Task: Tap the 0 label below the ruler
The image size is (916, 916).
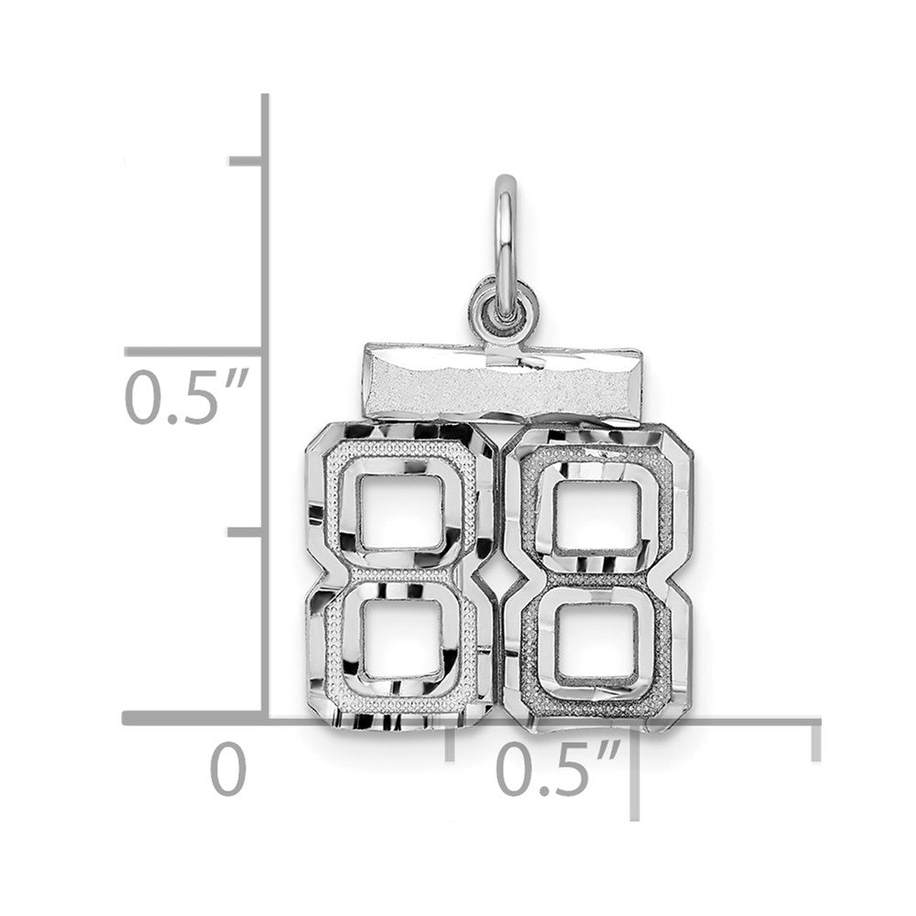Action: click(x=228, y=769)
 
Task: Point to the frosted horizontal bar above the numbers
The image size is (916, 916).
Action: click(x=502, y=380)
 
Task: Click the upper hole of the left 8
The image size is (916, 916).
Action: click(x=401, y=512)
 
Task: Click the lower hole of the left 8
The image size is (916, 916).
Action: click(x=401, y=639)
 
